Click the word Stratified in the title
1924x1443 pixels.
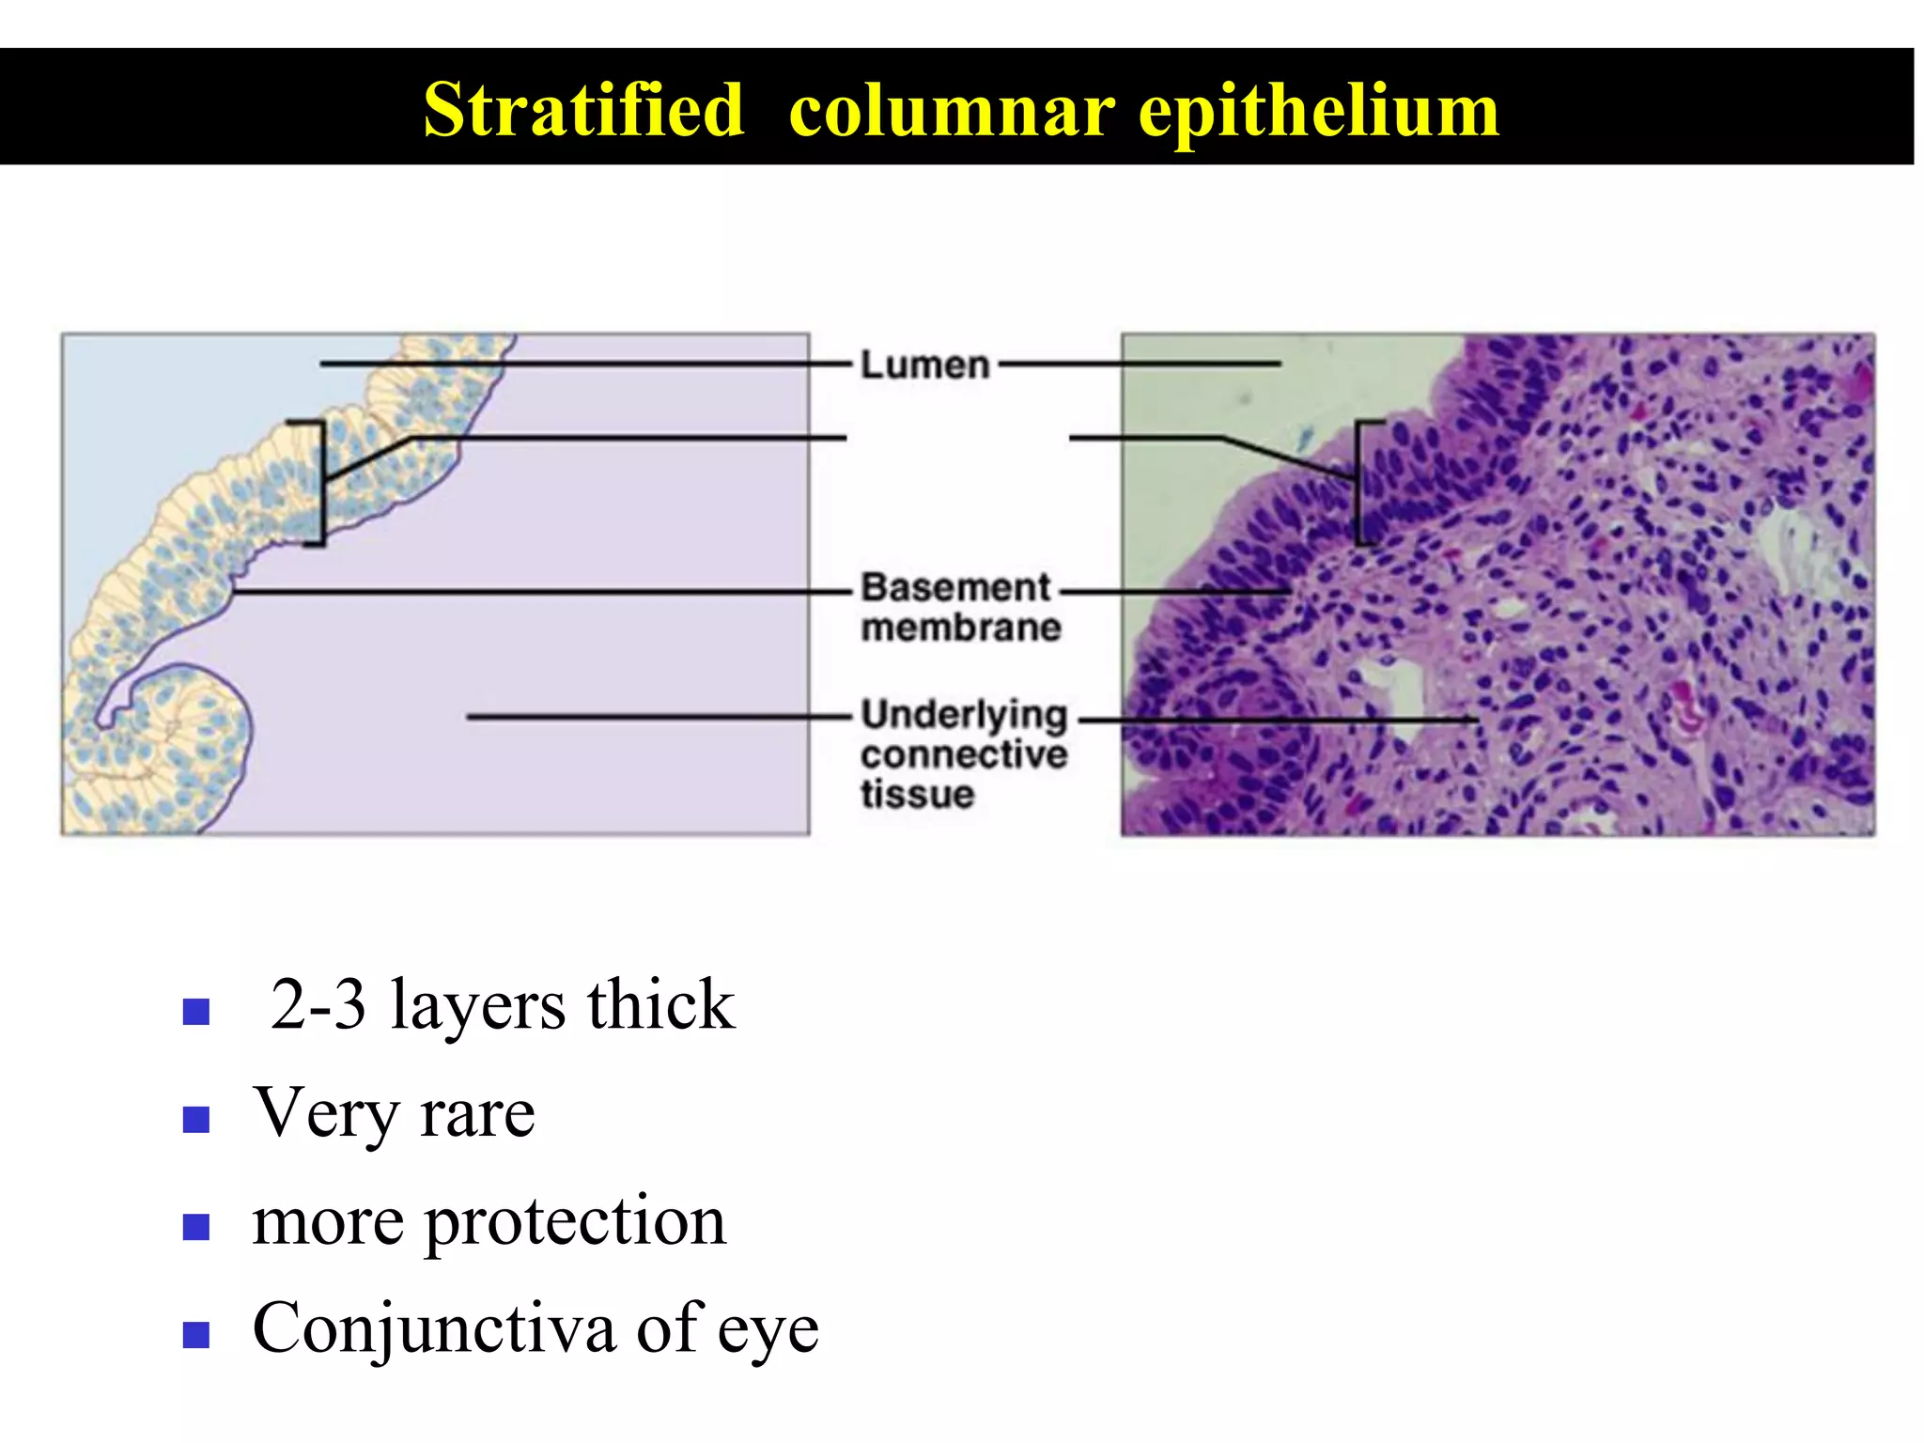click(x=583, y=110)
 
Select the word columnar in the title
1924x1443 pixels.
click(x=953, y=112)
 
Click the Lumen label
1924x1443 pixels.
click(x=925, y=365)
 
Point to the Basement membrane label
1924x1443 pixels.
click(x=960, y=607)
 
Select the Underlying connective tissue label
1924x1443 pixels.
click(x=964, y=753)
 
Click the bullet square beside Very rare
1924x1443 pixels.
click(x=195, y=1119)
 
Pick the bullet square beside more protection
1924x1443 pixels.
click(x=195, y=1227)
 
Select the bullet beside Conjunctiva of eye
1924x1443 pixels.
click(x=195, y=1334)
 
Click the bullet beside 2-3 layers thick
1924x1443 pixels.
click(x=195, y=1011)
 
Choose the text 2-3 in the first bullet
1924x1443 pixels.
click(x=318, y=1005)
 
